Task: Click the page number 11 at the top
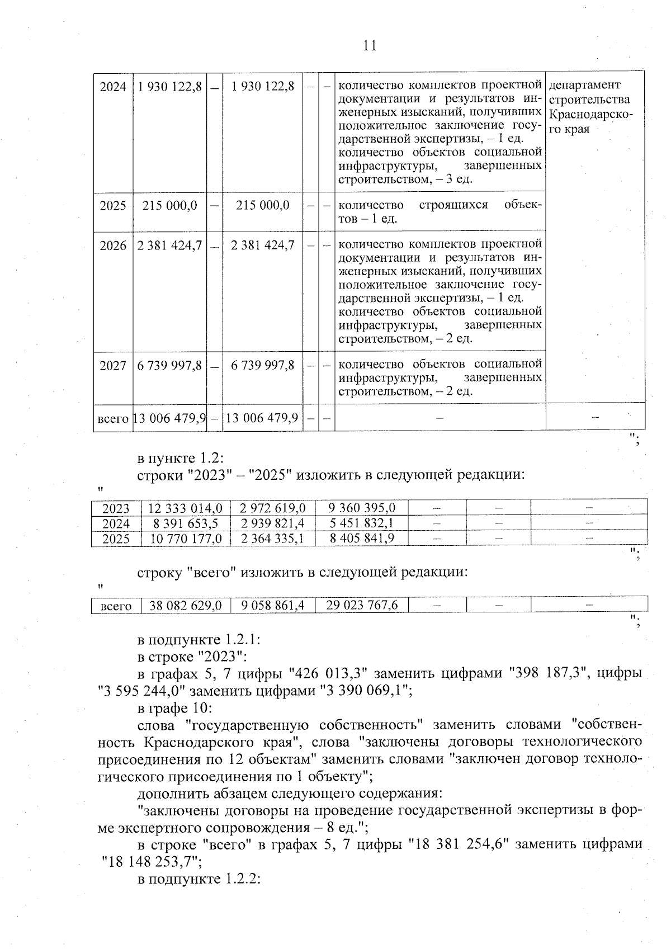370,45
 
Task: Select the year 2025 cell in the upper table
113,205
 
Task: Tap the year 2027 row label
113,365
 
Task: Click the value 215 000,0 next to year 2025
170,205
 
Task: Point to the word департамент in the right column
585,85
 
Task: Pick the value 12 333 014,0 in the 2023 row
185,508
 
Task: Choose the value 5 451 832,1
362,523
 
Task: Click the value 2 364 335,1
272,538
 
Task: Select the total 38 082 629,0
185,605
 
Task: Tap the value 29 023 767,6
362,605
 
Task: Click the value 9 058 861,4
272,605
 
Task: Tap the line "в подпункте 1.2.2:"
200,879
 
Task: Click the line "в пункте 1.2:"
181,458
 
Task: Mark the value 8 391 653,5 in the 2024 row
185,523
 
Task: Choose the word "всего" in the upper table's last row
113,418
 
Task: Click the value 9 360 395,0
362,508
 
